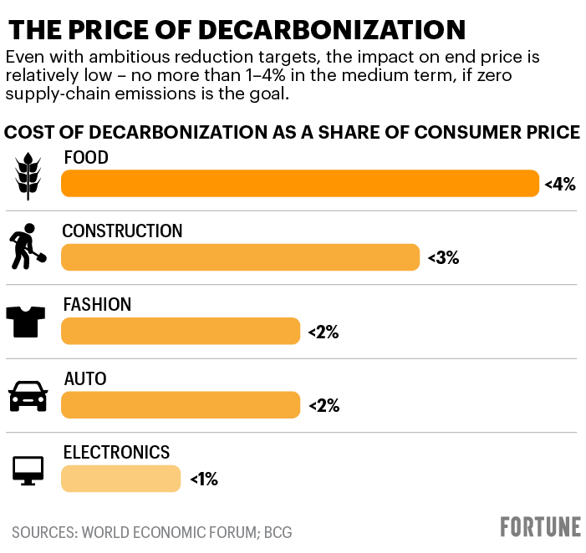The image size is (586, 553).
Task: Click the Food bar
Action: [x=300, y=184]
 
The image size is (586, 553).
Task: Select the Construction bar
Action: [x=240, y=257]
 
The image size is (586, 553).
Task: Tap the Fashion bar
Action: [x=180, y=331]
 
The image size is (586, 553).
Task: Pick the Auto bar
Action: [x=180, y=405]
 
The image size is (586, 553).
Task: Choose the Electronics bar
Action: [x=120, y=479]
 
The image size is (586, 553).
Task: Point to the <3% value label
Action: [x=443, y=258]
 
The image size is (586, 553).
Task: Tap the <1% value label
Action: [x=203, y=479]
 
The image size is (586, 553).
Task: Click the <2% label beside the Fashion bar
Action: [x=323, y=332]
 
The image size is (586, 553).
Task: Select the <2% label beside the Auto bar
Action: [x=323, y=406]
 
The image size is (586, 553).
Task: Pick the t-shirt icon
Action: [x=28, y=320]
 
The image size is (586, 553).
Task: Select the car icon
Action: [x=28, y=395]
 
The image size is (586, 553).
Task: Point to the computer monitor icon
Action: [x=28, y=469]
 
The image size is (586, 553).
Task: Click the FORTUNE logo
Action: [x=540, y=527]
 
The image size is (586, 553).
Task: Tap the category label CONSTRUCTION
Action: [x=122, y=231]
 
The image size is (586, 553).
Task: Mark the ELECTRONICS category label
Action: [x=116, y=453]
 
